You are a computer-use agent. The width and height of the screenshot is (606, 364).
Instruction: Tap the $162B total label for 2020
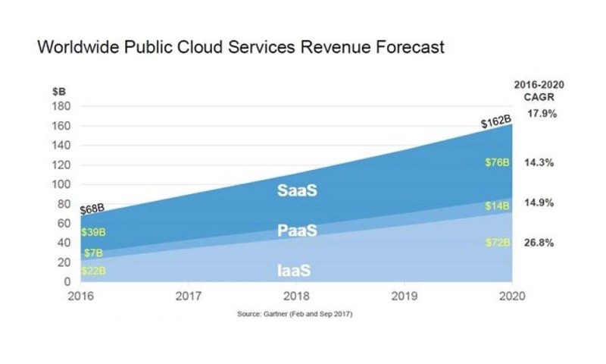(496, 122)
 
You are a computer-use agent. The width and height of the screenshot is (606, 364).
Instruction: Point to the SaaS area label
(295, 190)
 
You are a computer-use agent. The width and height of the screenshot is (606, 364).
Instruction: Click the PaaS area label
(295, 230)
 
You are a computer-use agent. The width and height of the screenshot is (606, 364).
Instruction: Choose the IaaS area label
(295, 270)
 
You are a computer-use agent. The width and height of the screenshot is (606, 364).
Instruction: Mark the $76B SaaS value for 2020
(498, 162)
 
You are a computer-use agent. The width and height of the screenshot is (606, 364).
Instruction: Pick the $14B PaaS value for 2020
(498, 206)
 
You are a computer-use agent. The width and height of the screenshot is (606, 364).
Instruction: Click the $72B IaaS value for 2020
(498, 243)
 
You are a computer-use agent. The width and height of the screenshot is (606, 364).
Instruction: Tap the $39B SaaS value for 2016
(93, 232)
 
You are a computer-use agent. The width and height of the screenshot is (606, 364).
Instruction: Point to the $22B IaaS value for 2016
(93, 270)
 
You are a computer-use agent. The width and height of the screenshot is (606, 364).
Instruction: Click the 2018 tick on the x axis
(295, 296)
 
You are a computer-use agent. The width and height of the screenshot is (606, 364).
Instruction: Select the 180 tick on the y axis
(61, 106)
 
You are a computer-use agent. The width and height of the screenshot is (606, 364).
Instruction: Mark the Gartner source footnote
(295, 312)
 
